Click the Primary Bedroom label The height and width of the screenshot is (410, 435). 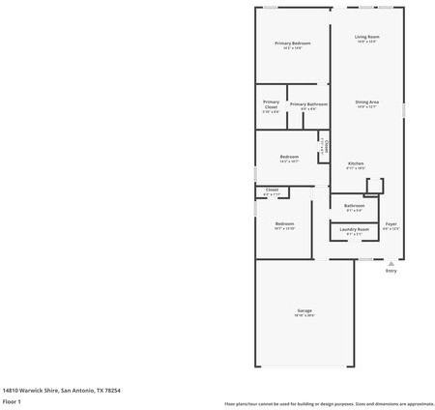(x=292, y=44)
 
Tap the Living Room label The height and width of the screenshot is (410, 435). (x=366, y=37)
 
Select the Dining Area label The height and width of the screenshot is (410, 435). (x=366, y=102)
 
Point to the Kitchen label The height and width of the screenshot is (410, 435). (x=356, y=163)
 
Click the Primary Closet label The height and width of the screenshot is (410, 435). (x=272, y=104)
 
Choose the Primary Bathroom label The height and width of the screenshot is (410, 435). (x=308, y=103)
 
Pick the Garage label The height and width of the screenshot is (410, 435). (x=304, y=310)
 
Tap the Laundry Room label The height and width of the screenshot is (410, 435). (x=354, y=229)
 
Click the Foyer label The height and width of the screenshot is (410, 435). (x=391, y=223)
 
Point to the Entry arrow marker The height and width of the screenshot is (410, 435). (x=391, y=262)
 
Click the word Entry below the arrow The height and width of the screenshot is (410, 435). (x=391, y=271)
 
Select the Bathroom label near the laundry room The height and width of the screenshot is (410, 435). (x=354, y=205)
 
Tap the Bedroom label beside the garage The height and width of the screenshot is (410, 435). (x=284, y=223)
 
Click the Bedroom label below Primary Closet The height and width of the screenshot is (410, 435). (x=289, y=157)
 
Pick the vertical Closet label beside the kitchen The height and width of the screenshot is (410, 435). (x=326, y=147)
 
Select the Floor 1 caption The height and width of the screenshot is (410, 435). (x=12, y=400)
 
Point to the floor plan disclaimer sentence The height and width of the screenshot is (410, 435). (x=329, y=403)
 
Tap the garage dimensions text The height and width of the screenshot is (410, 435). (x=304, y=315)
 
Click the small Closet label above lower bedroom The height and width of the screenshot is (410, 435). (x=272, y=190)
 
